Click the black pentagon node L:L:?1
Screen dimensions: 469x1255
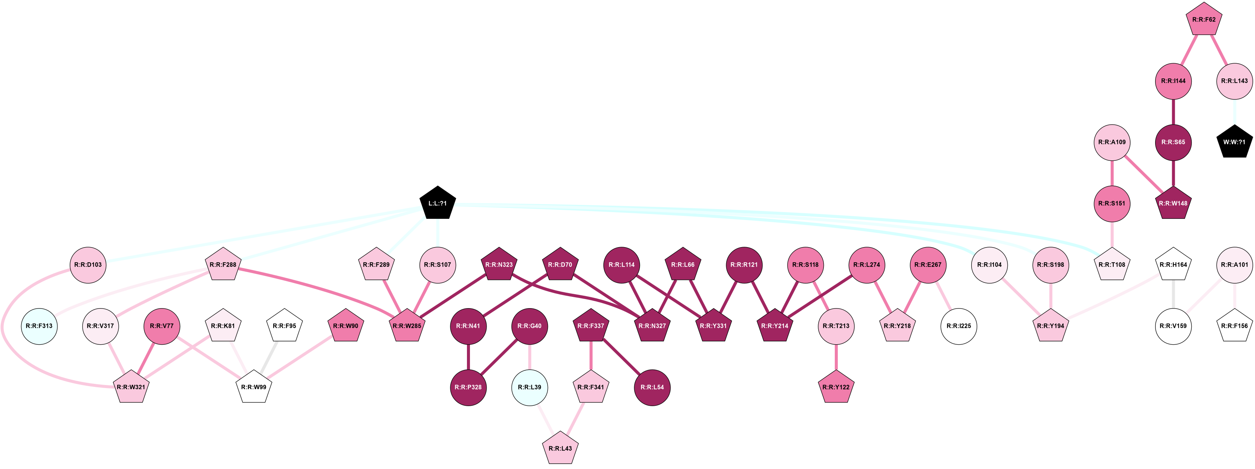[x=437, y=203]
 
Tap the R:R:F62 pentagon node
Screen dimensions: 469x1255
[x=1203, y=20]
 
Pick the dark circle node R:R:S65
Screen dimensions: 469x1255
[x=1173, y=142]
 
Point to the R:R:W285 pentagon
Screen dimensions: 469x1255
[x=407, y=326]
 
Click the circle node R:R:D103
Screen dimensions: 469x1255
[x=88, y=264]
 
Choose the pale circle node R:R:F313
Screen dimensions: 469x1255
[x=39, y=326]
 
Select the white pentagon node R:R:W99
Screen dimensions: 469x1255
[x=254, y=387]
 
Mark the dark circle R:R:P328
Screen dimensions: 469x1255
[x=468, y=387]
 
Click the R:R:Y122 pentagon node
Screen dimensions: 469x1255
[x=836, y=387]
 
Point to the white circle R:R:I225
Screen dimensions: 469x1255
[x=958, y=326]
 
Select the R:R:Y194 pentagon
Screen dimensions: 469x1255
[x=1050, y=326]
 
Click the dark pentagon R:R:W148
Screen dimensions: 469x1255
[x=1173, y=203]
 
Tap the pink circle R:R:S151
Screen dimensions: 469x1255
[x=1112, y=203]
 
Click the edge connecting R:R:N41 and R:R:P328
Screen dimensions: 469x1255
[x=468, y=356]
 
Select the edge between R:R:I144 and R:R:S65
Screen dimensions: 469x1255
[x=1173, y=112]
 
